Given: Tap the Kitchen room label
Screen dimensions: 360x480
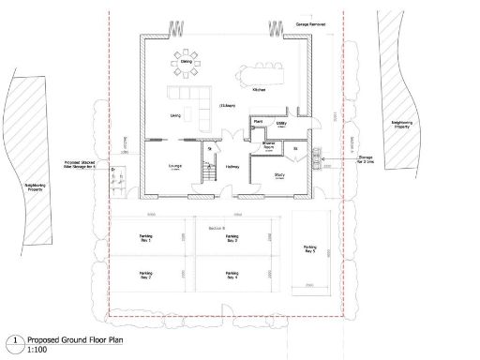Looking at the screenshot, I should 260,89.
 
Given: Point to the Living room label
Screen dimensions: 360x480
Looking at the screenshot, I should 175,116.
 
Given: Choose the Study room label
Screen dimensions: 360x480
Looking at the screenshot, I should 280,174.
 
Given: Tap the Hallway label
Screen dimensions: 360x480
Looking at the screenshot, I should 232,168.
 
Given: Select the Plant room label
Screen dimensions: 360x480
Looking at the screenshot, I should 258,121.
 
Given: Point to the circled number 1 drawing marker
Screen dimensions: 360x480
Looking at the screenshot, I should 15,341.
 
